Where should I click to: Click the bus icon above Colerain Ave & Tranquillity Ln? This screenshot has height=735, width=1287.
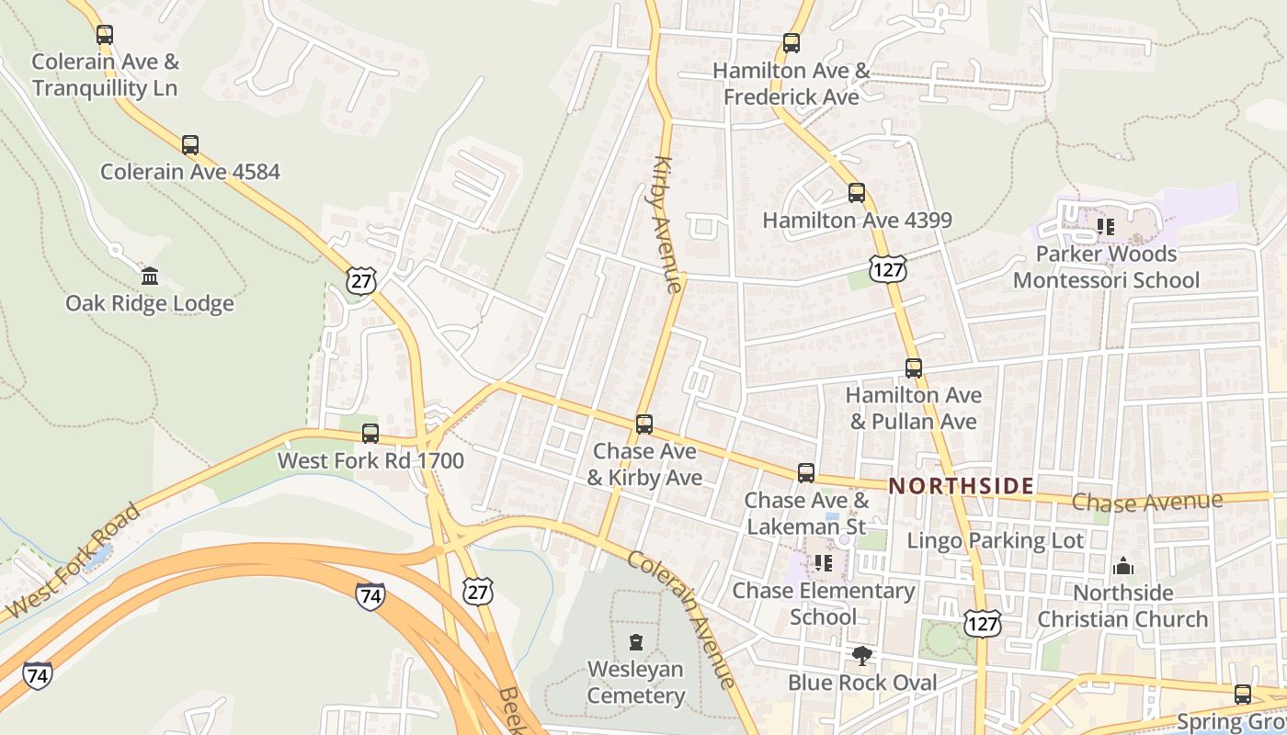[x=105, y=35]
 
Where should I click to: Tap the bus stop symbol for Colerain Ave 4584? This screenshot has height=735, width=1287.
[x=190, y=145]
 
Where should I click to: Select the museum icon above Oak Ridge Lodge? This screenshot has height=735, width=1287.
[x=149, y=276]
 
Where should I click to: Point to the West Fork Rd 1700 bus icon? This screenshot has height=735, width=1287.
[x=370, y=433]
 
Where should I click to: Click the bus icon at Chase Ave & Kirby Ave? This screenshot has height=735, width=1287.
[x=644, y=424]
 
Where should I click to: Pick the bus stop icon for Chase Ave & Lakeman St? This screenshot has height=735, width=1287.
[x=806, y=472]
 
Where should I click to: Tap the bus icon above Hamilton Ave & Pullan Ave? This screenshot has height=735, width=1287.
[x=913, y=367]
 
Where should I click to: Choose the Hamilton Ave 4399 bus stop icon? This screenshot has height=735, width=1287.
[x=857, y=193]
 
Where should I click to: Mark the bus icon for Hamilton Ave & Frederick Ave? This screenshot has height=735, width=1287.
[x=791, y=42]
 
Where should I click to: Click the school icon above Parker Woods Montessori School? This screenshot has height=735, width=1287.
[x=1106, y=226]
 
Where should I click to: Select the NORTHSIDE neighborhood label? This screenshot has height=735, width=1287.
[x=961, y=486]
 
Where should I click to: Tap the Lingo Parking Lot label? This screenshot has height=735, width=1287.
[x=996, y=540]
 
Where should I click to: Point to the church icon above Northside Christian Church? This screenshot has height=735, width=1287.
[x=1122, y=566]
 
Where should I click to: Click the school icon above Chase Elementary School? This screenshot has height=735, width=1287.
[x=823, y=562]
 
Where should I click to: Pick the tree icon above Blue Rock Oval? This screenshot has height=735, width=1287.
[x=862, y=656]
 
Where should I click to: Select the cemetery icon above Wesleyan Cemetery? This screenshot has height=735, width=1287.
[x=635, y=641]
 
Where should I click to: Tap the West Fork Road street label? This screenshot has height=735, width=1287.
[x=73, y=560]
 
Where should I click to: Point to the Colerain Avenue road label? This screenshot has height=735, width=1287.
[x=682, y=617]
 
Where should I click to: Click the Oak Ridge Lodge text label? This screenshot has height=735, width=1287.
[x=150, y=303]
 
